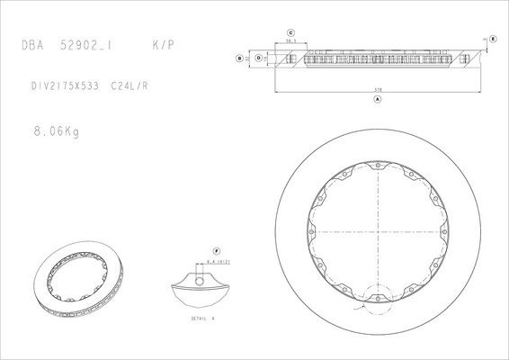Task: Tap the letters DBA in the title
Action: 32,44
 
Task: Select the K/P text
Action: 163,44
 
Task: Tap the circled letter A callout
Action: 377,100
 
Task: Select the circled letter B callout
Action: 238,58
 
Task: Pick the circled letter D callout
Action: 258,58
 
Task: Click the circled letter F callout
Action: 216,249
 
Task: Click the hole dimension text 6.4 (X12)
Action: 220,260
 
